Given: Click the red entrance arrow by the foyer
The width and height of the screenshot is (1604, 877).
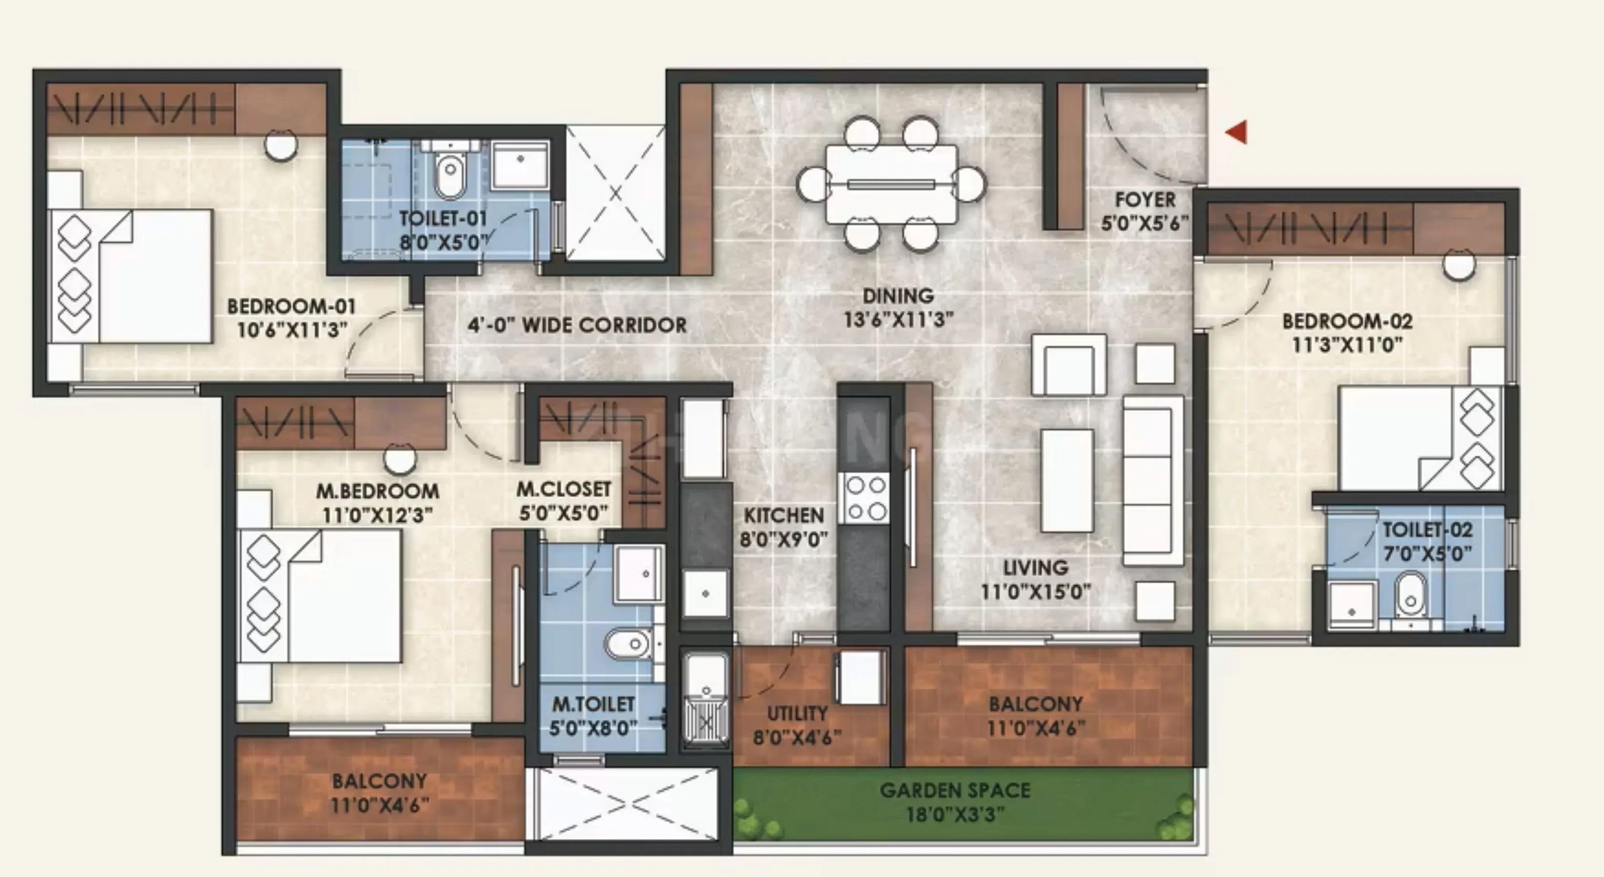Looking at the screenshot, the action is pyautogui.click(x=1237, y=132).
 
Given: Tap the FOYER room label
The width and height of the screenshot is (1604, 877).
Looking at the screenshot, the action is pyautogui.click(x=1145, y=200).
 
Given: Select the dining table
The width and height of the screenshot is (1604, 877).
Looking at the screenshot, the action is pyautogui.click(x=891, y=184).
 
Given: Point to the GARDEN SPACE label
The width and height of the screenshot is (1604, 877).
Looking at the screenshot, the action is pyautogui.click(x=955, y=790).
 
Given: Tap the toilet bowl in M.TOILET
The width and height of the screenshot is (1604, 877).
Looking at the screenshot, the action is pyautogui.click(x=629, y=644).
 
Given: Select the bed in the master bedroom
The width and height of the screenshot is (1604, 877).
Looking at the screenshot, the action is pyautogui.click(x=319, y=596).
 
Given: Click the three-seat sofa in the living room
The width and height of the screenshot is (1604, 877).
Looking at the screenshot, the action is pyautogui.click(x=1153, y=480).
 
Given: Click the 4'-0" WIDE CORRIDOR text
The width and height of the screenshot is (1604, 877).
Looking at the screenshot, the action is pyautogui.click(x=577, y=325).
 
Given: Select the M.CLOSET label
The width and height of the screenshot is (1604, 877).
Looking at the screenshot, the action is pyautogui.click(x=563, y=489).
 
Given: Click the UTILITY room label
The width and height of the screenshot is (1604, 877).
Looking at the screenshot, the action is pyautogui.click(x=797, y=713).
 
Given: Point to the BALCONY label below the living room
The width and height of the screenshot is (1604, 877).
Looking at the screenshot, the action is pyautogui.click(x=1036, y=704).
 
